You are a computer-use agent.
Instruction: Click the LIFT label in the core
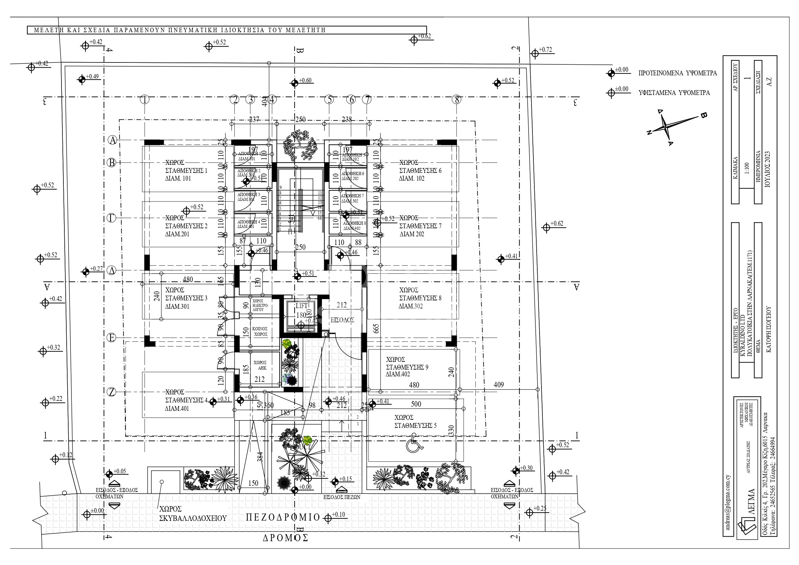point(301,306)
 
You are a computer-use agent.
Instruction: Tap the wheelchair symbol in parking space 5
point(413,447)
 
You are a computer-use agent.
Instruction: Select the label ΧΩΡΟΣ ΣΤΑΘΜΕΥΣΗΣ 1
point(186,171)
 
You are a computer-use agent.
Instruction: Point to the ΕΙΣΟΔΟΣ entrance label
point(342,320)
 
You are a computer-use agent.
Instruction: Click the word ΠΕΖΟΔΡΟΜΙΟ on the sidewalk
point(283,518)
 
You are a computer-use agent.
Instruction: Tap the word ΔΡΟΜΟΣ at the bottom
point(285,538)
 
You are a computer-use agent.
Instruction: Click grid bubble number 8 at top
point(456,100)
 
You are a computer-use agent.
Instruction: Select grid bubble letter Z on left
point(111,392)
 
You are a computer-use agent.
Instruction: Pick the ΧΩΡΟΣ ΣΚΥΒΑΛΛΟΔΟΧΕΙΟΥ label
point(193,514)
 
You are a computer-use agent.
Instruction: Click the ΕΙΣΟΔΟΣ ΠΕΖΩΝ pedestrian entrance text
point(342,497)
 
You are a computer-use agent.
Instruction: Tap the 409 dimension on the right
point(499,385)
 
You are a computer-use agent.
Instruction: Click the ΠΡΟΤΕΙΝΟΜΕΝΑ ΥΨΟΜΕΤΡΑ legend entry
point(677,73)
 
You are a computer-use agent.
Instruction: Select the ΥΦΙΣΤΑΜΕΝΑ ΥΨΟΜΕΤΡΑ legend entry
point(674,93)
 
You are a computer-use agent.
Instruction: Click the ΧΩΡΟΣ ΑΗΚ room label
point(260,365)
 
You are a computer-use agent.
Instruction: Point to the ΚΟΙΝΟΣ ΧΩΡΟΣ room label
point(260,331)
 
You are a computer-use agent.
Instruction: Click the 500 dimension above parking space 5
point(416,404)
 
